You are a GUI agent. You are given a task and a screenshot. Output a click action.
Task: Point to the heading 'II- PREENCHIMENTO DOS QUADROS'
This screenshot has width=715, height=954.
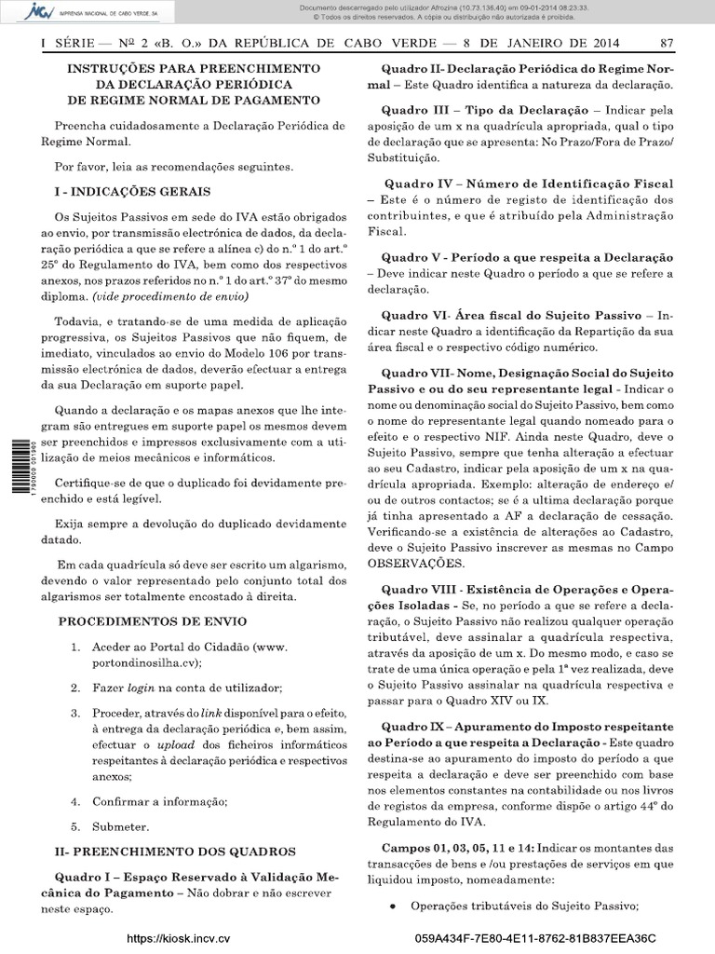tap(175, 852)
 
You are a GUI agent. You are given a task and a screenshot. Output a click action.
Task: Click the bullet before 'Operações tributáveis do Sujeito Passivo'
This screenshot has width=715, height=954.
tap(395, 907)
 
